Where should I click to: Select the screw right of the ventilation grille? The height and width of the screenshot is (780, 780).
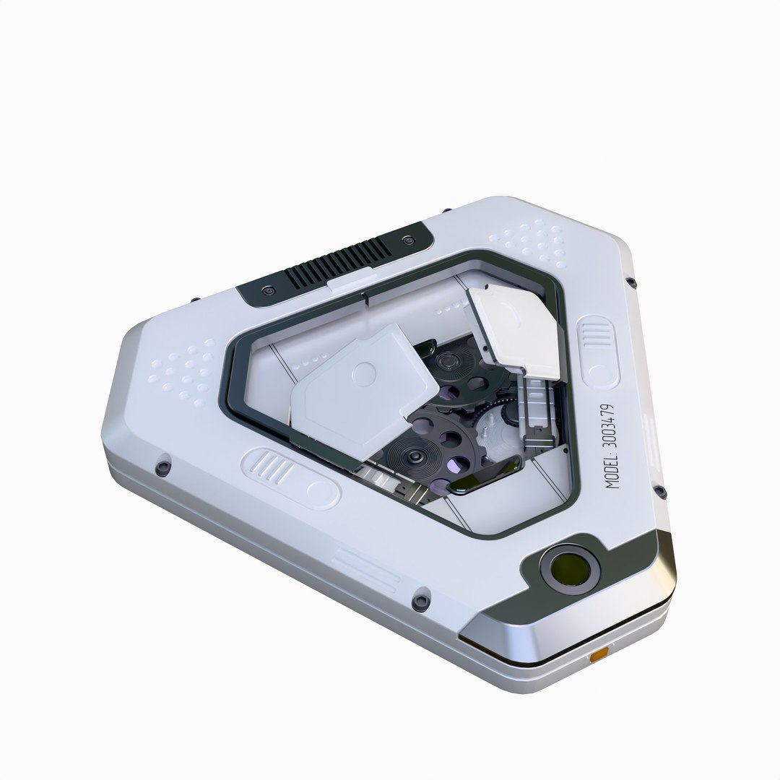(x=409, y=240)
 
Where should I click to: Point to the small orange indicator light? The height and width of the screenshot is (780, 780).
(x=599, y=656)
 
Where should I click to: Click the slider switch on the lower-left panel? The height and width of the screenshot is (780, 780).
(x=291, y=475)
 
